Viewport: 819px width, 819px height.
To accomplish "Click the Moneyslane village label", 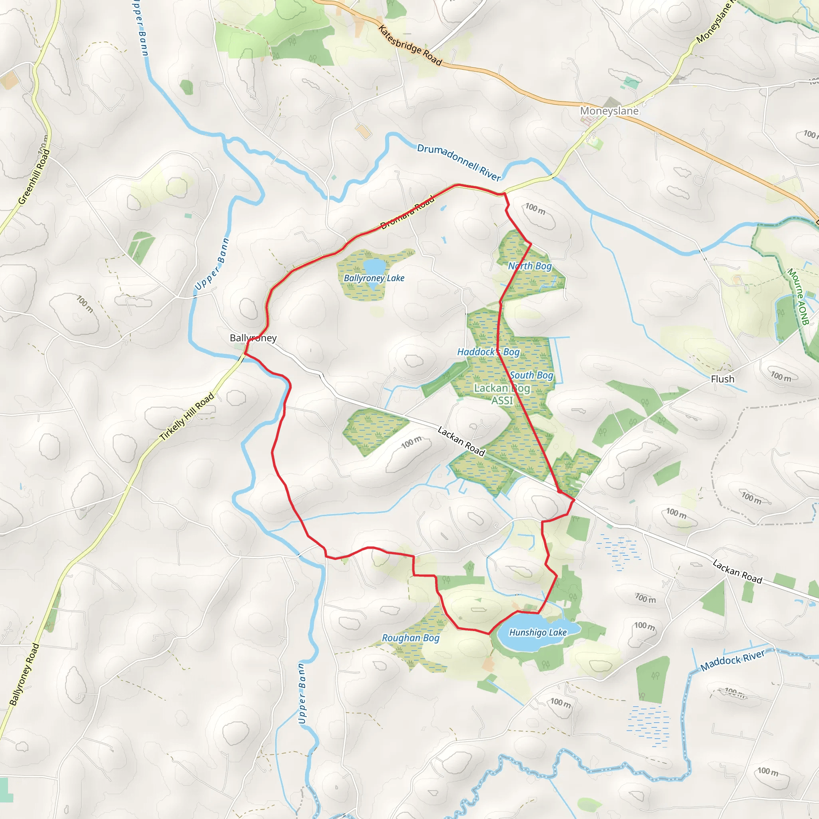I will click(x=609, y=111).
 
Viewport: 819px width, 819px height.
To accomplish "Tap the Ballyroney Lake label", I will click(x=374, y=278).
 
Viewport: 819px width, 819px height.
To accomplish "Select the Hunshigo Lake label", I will click(x=538, y=633).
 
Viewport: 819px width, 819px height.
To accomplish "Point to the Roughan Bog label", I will click(x=410, y=638).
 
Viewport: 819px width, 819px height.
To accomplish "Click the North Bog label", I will click(x=530, y=266).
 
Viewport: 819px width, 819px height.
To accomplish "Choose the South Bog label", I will click(x=531, y=375).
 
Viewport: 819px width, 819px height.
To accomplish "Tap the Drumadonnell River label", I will click(x=459, y=162).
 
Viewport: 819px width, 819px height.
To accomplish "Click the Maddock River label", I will click(x=733, y=661).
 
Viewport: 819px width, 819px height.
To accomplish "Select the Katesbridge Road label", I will click(x=410, y=46).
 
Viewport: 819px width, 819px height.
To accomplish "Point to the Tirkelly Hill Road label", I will click(x=187, y=417).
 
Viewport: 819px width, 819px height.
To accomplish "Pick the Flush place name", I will click(x=722, y=379).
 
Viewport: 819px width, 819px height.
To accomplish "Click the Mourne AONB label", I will click(x=798, y=296).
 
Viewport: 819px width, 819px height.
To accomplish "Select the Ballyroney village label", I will click(x=253, y=338).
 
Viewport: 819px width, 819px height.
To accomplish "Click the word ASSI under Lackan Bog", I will click(x=502, y=401).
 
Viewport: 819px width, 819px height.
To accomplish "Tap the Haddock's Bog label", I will click(x=488, y=352).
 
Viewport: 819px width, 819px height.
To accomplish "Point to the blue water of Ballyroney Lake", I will click(x=374, y=268).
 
